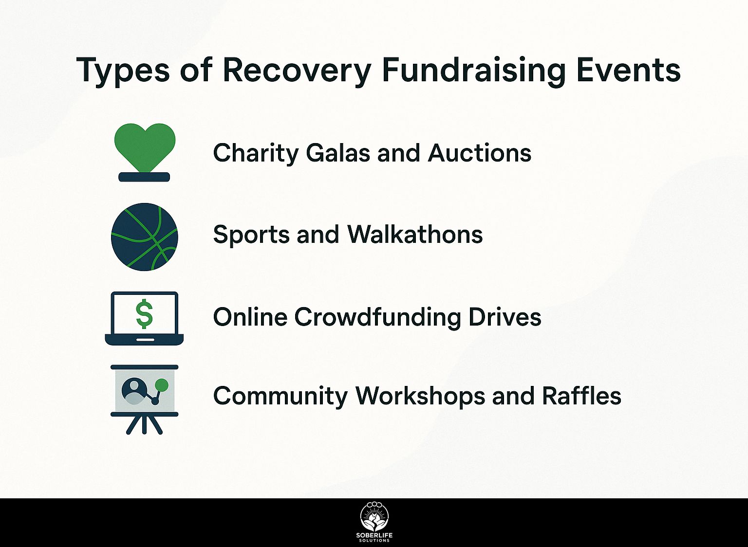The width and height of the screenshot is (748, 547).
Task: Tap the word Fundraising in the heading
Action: [x=474, y=71]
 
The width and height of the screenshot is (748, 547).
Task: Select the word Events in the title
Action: [x=628, y=70]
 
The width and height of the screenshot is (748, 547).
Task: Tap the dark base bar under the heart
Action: [x=144, y=177]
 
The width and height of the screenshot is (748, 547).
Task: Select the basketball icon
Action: [x=144, y=237]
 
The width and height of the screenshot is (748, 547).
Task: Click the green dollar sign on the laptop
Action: [x=144, y=314]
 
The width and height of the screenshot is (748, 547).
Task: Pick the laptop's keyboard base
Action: [x=144, y=339]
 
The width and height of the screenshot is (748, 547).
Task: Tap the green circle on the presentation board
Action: [x=162, y=385]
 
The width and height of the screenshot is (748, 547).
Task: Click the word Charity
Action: [x=256, y=154]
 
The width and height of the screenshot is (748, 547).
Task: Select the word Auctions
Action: [x=480, y=153]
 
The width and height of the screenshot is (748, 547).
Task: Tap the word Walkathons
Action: [x=415, y=234]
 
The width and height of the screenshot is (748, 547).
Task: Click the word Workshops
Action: [x=420, y=397]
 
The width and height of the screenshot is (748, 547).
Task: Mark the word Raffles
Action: [x=581, y=396]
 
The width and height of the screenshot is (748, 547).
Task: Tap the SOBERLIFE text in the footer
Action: [x=374, y=536]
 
